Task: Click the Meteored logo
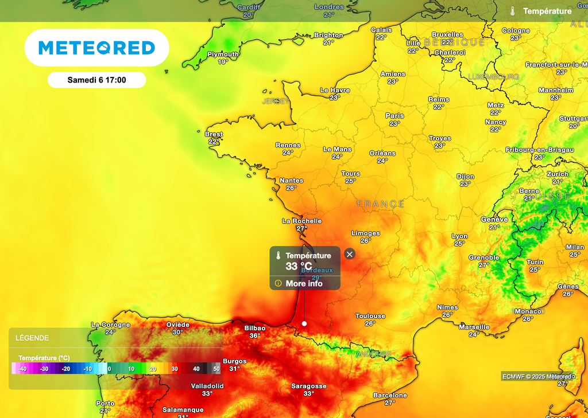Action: (x=96, y=48)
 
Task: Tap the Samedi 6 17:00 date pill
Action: (x=96, y=80)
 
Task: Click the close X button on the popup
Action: (x=350, y=254)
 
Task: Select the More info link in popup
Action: (x=304, y=283)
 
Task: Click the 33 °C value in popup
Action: (x=299, y=266)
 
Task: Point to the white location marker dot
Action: (x=304, y=324)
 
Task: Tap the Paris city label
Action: (x=394, y=116)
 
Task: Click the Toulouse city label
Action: (x=370, y=316)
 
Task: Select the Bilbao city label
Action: (x=255, y=328)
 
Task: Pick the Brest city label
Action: (x=214, y=134)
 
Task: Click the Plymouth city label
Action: (x=223, y=54)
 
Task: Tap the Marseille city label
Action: (x=474, y=327)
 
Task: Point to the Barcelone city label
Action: (x=390, y=395)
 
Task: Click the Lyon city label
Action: (x=459, y=236)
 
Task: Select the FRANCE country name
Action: (x=381, y=204)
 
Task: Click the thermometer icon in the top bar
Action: (x=512, y=11)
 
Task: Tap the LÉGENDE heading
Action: (x=32, y=338)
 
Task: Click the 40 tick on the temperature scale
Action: (x=196, y=369)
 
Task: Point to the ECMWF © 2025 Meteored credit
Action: (x=537, y=376)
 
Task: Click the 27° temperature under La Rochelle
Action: (x=302, y=228)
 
